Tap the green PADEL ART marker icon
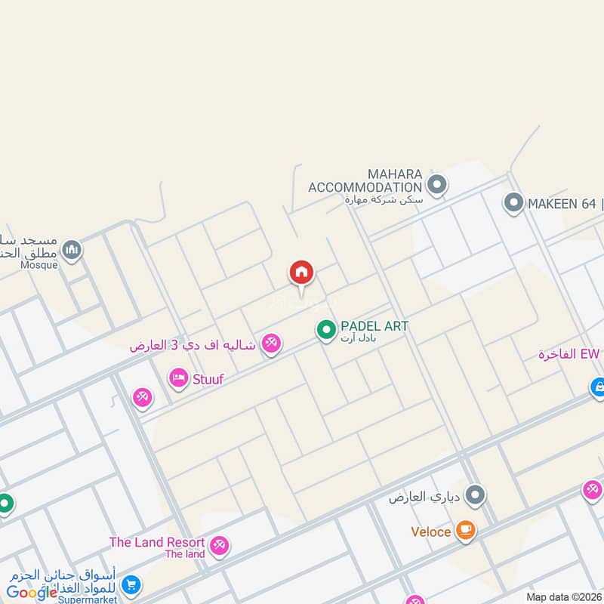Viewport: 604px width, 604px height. pyautogui.click(x=325, y=331)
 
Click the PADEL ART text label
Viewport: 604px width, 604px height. pyautogui.click(x=374, y=326)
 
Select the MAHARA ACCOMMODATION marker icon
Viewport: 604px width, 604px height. pyautogui.click(x=436, y=183)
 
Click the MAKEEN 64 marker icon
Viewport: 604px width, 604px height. pyautogui.click(x=513, y=202)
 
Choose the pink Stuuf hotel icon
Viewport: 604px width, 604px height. pyautogui.click(x=179, y=377)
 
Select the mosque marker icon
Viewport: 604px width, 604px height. pyautogui.click(x=72, y=249)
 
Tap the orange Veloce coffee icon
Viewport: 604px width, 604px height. pyautogui.click(x=465, y=531)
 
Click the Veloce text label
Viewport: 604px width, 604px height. pyautogui.click(x=431, y=532)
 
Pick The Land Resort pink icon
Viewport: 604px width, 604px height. pyautogui.click(x=219, y=545)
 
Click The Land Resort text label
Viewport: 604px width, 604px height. pyautogui.click(x=157, y=542)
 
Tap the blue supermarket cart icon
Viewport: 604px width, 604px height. pyautogui.click(x=131, y=584)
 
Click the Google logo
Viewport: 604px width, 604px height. pyautogui.click(x=32, y=592)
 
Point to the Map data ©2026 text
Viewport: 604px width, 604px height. pyautogui.click(x=563, y=596)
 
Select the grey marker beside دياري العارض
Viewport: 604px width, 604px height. pyautogui.click(x=475, y=496)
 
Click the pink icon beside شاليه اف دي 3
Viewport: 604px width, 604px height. pyautogui.click(x=270, y=344)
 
